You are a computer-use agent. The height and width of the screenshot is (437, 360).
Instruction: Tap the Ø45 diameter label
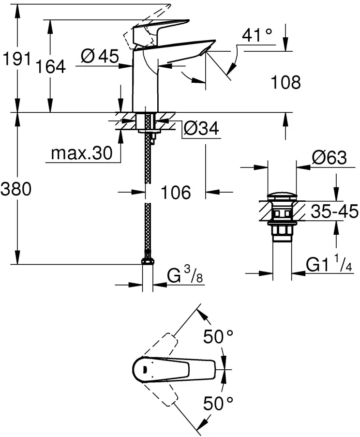tap(100, 57)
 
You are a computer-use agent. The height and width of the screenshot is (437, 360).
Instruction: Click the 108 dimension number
tap(285, 82)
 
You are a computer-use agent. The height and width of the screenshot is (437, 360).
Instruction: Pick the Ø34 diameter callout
tap(201, 129)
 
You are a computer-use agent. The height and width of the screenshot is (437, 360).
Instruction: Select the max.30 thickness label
tap(81, 153)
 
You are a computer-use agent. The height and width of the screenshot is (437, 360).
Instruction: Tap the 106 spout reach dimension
tap(175, 192)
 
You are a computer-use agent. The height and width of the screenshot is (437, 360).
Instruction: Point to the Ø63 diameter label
tap(329, 158)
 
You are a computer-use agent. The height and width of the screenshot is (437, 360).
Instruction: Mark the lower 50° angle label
tap(218, 401)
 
